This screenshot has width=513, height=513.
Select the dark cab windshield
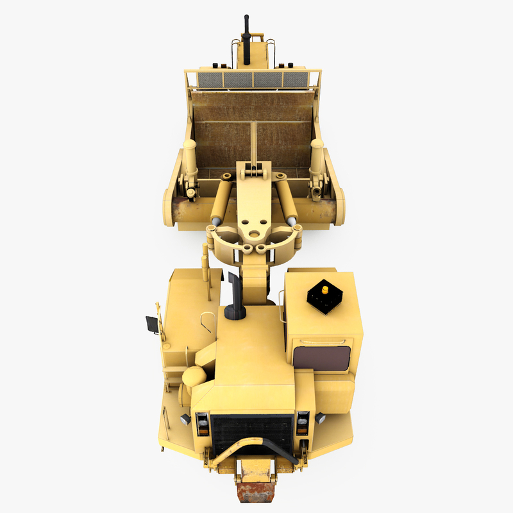321,358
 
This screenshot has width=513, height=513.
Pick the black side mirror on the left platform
152,325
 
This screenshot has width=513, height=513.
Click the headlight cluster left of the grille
202,423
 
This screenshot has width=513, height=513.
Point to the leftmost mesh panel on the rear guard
208,80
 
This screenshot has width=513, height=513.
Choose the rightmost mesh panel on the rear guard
296,80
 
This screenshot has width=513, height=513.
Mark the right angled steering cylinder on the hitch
286,199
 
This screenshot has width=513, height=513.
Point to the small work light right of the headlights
320,418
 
